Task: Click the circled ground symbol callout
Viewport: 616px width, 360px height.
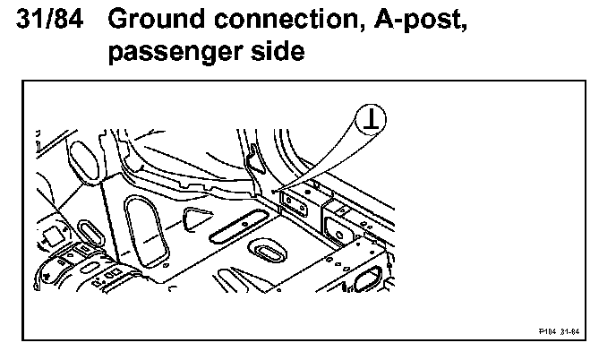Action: click(x=370, y=117)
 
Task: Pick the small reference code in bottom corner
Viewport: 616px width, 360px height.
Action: click(x=560, y=330)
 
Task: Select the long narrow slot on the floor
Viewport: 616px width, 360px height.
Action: click(x=239, y=225)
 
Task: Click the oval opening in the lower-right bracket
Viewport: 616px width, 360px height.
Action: click(x=367, y=281)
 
